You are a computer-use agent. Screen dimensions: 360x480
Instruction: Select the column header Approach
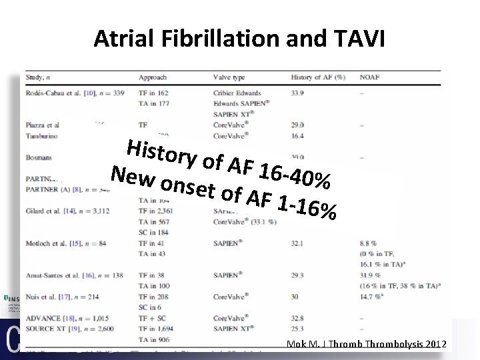pos(153,77)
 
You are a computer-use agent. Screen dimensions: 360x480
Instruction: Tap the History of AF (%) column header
pos(318,77)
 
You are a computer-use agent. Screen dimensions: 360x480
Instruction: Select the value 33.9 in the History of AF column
pos(299,93)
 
